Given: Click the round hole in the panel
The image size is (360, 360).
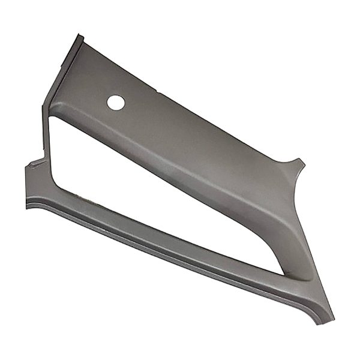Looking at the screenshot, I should [x=115, y=102].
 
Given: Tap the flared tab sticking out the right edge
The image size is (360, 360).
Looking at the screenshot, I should [x=298, y=164].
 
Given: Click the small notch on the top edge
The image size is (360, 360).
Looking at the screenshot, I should [x=157, y=91].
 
